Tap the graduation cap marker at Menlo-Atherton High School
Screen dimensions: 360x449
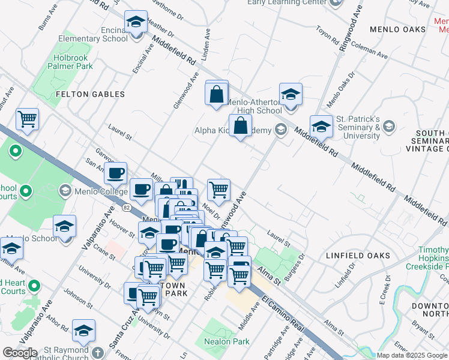click(x=291, y=95)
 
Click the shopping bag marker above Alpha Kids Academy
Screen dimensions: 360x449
click(x=240, y=127)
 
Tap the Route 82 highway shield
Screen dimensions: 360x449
click(x=126, y=207)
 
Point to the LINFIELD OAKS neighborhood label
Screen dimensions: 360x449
click(x=358, y=256)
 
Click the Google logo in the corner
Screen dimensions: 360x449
click(x=20, y=353)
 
